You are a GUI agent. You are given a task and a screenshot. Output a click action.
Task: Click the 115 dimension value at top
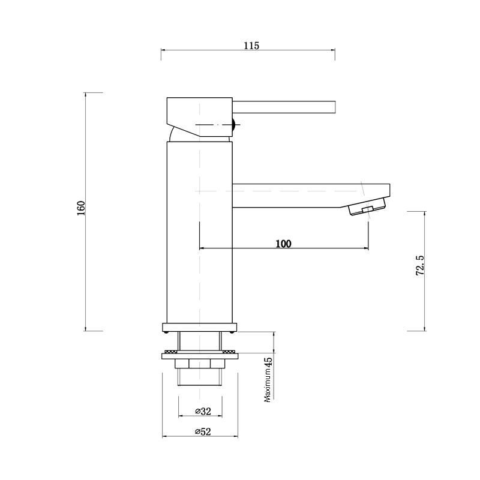pyautogui.click(x=251, y=46)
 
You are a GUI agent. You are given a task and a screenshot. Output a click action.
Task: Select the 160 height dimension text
pyautogui.click(x=82, y=208)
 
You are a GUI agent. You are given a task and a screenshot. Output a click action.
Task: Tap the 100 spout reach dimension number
pyautogui.click(x=283, y=244)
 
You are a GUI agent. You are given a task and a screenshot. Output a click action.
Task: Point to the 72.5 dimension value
pyautogui.click(x=420, y=265)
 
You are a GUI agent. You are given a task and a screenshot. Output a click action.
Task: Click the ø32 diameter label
pyautogui.click(x=203, y=411)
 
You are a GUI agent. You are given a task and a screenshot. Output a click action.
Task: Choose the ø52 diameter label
pyautogui.click(x=203, y=431)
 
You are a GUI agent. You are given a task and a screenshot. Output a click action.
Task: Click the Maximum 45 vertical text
pyautogui.click(x=269, y=379)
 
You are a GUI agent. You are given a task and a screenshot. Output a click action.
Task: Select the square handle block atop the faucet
pyautogui.click(x=198, y=116)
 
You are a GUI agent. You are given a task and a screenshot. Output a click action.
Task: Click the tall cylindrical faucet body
pyautogui.click(x=199, y=234)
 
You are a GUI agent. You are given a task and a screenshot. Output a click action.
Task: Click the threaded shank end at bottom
pyautogui.click(x=200, y=377)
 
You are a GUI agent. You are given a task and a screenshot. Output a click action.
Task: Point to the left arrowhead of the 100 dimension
pyautogui.click(x=200, y=247)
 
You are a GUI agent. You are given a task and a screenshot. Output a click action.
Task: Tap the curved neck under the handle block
pyautogui.click(x=174, y=134)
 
